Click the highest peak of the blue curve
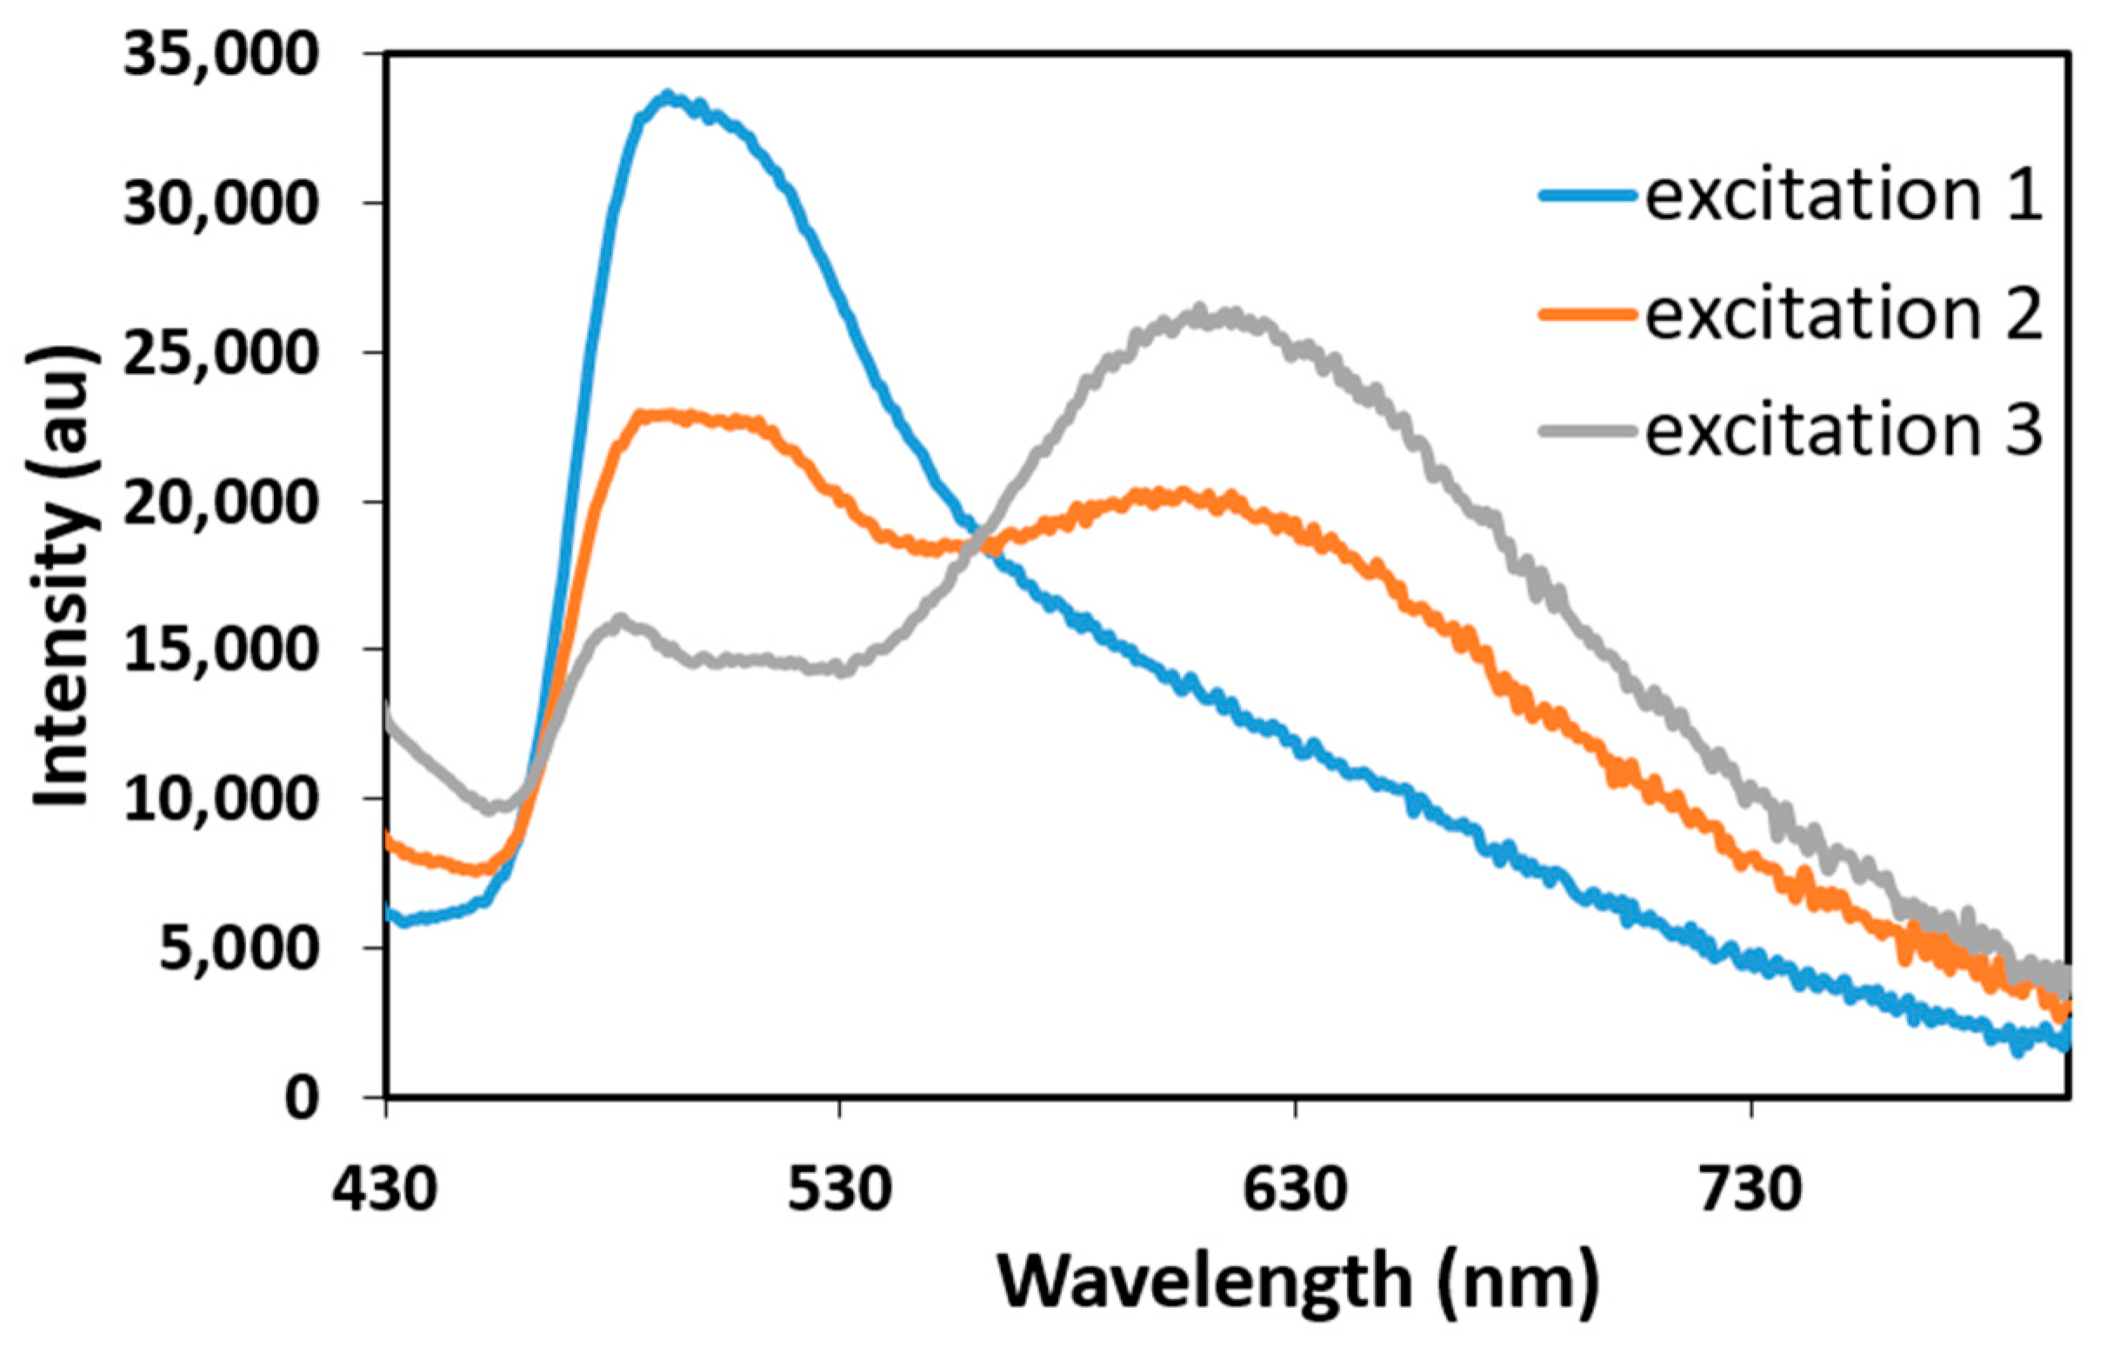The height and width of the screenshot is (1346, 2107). pos(669,96)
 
